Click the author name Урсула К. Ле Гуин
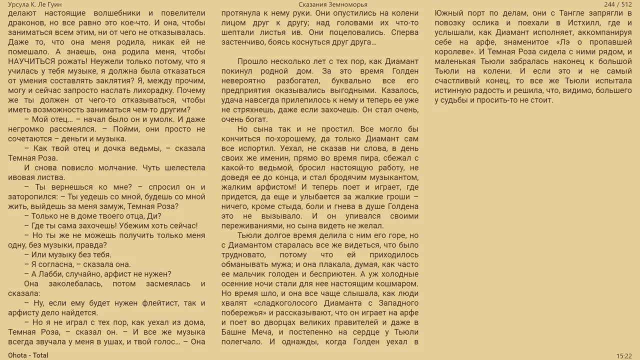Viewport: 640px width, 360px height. pyautogui.click(x=35, y=4)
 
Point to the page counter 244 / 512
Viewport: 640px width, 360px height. pyautogui.click(x=618, y=4)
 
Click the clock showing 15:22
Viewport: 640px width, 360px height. pyautogui.click(x=624, y=355)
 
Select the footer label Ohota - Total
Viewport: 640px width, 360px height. pyautogui.click(x=28, y=355)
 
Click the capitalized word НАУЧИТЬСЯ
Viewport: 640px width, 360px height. pyautogui.click(x=33, y=61)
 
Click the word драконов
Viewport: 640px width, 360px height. pyautogui.click(x=24, y=23)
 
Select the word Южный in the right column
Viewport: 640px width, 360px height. pyautogui.click(x=448, y=13)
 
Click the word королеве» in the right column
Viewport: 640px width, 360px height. pyautogui.click(x=454, y=51)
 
